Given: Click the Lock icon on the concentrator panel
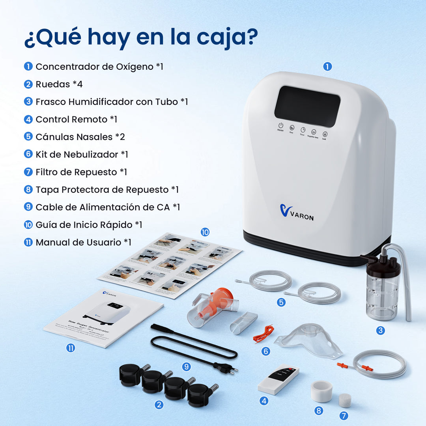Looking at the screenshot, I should (325, 134).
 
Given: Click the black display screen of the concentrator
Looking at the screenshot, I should (307, 106).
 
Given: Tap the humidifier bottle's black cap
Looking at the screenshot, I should (380, 265).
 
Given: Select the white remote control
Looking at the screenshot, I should (278, 379).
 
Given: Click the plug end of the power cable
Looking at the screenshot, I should (225, 368).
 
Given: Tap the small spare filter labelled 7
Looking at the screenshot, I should (345, 400).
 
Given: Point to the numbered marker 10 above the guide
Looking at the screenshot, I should (205, 232).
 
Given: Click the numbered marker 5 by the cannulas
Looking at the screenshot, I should (281, 303).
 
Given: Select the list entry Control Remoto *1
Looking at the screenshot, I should (76, 119).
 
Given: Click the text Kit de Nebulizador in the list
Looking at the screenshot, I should (77, 154).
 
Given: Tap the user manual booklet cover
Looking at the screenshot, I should (103, 318).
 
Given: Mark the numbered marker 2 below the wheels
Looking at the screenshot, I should (159, 404).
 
